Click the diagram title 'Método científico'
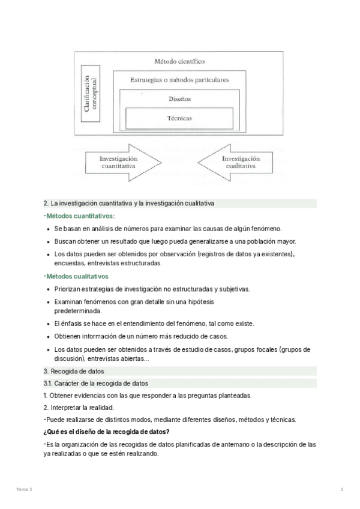pos(179,61)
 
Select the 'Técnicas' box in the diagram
pos(179,118)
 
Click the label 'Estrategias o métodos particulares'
pos(179,79)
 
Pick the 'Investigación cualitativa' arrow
pos(237,162)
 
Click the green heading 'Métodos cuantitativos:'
pos(80,216)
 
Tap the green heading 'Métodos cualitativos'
pos(77,277)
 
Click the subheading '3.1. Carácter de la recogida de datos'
pos(95,384)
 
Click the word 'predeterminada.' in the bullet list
pos(78,311)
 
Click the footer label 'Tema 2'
pos(25,490)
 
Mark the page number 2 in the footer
pos(341,490)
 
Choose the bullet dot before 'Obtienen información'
pos(48,336)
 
